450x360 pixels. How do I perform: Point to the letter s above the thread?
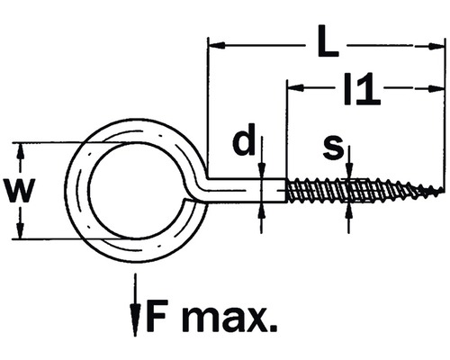click(333, 146)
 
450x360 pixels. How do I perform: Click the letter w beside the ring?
click(20, 191)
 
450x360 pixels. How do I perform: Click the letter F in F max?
click(157, 316)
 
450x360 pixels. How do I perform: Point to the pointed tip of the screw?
click(441, 191)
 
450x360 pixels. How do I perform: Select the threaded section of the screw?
click(360, 191)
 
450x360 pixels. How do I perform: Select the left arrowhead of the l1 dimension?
click(293, 88)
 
